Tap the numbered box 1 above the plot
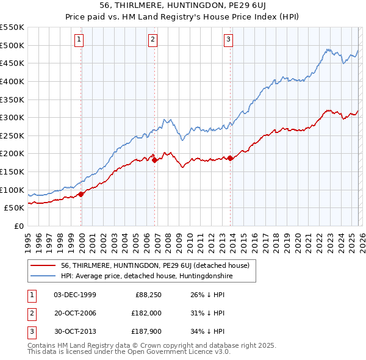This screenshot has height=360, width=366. pos(79,40)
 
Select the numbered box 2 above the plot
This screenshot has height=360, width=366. pos(152,40)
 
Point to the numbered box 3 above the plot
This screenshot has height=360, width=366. pos(228,40)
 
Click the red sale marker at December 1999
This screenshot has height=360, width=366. pos(81,194)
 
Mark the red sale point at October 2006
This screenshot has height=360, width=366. pos(154,160)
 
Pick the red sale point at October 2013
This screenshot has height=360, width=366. pos(230,158)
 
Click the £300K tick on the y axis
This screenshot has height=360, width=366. pos(12,117)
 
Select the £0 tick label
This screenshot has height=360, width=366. pos(18,226)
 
